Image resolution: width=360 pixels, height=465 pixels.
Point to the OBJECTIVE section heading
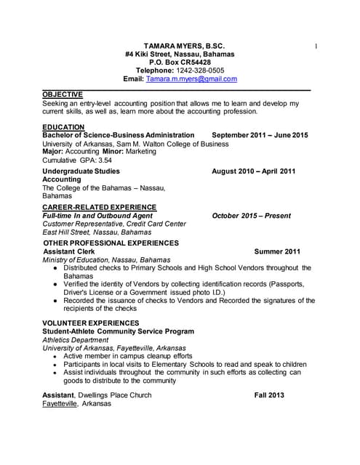click(63, 94)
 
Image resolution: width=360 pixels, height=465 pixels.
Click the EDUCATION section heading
click(64, 127)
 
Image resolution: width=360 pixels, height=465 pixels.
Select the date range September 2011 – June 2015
click(260, 135)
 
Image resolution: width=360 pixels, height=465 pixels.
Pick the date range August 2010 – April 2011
click(253, 171)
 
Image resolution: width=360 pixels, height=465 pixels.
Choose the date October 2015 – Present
click(251, 216)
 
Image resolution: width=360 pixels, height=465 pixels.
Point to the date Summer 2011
click(277, 251)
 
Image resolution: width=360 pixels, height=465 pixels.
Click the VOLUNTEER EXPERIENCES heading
click(90, 323)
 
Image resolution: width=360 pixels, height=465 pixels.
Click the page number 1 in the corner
click(316, 46)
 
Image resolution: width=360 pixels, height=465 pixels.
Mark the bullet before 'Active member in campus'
click(56, 357)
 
